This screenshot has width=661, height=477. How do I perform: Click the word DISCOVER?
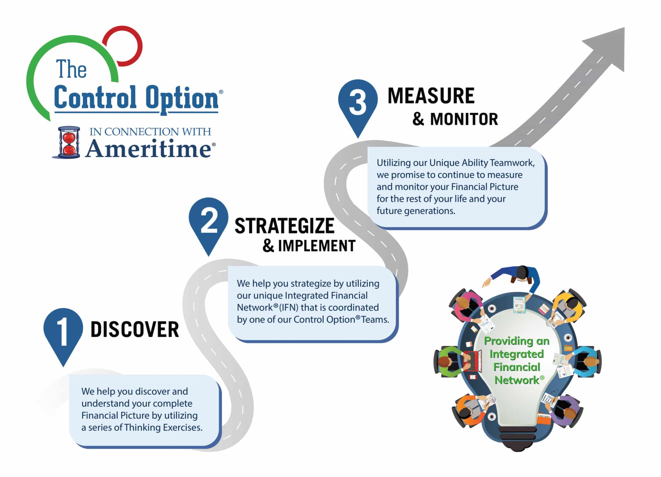135,330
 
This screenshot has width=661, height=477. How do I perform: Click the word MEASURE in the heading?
431,96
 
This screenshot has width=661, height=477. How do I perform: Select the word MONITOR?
464,119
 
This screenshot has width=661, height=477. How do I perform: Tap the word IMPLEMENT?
317,246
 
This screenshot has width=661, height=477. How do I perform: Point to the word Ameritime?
149,149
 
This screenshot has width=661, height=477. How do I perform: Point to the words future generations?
416,211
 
